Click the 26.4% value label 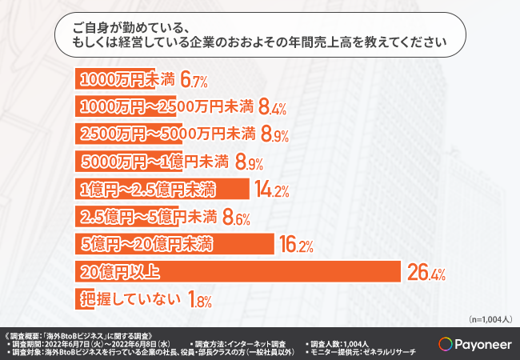coord(426,274)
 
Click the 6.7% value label coord(194,81)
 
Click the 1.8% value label coord(199,301)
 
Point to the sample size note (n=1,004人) coord(487,319)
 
